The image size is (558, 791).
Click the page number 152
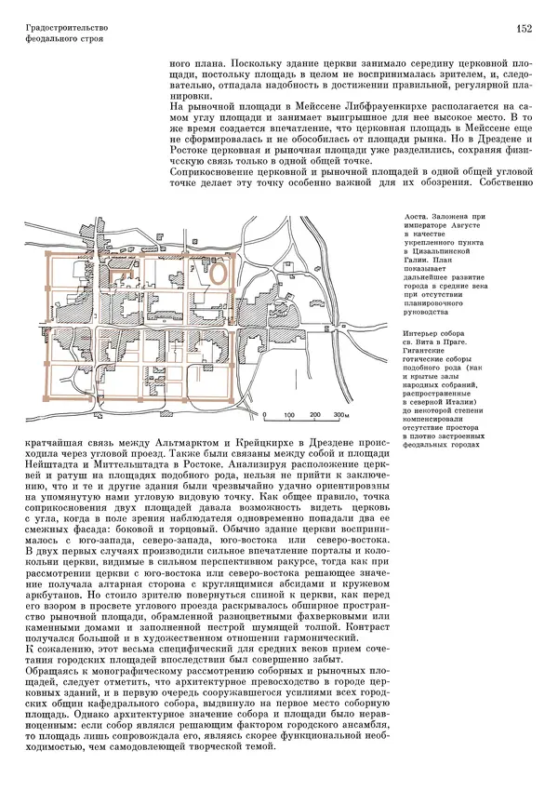pos(525,29)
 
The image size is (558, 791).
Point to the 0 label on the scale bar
pos(265,415)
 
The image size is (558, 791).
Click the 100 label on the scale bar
pos(291,415)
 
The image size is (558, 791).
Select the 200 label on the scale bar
pos(316,415)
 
